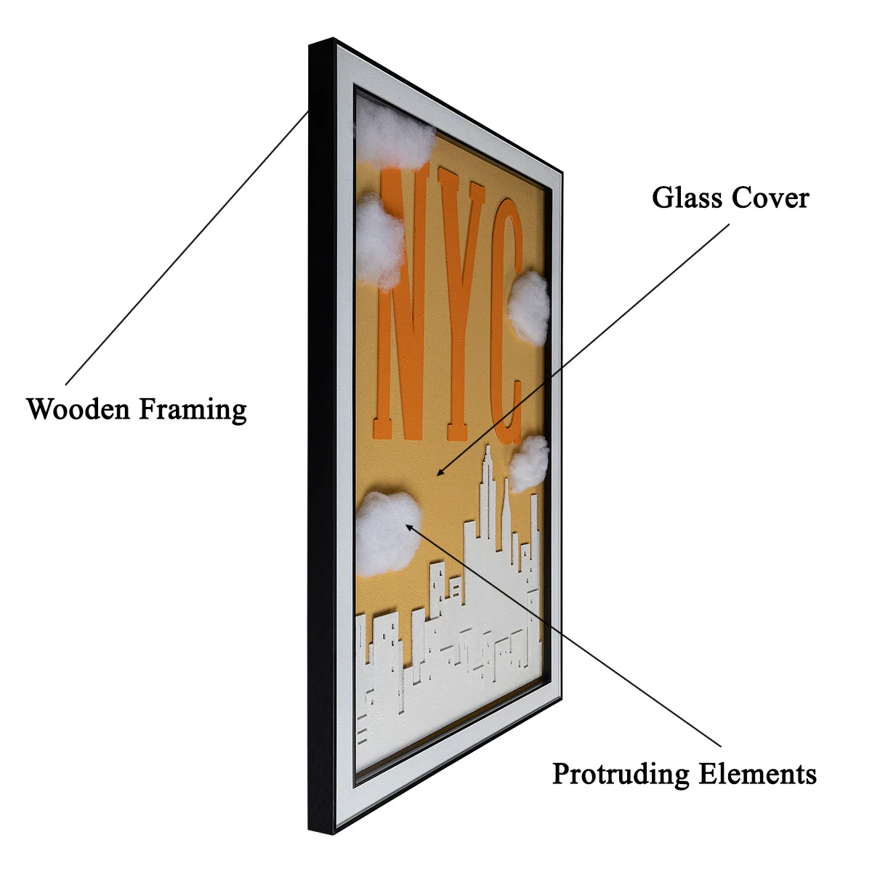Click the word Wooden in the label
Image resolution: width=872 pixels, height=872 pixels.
pyautogui.click(x=78, y=409)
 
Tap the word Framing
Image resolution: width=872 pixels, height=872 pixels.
pyautogui.click(x=193, y=411)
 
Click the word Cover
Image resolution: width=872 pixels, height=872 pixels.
pyautogui.click(x=770, y=198)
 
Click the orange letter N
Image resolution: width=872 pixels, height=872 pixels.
pyautogui.click(x=401, y=303)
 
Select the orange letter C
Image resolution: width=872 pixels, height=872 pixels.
pyautogui.click(x=506, y=321)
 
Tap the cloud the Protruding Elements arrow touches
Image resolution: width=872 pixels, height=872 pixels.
pyautogui.click(x=388, y=534)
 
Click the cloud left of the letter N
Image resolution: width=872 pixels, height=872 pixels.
pyautogui.click(x=379, y=243)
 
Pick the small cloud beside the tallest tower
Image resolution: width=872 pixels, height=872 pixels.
pyautogui.click(x=528, y=464)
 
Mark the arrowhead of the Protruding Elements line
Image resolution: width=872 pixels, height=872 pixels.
pyautogui.click(x=409, y=527)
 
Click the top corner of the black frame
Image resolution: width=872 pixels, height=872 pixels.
pyautogui.click(x=334, y=39)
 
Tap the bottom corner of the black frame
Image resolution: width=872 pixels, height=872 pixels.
pyautogui.click(x=334, y=834)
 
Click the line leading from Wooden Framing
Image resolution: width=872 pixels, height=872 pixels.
pyautogui.click(x=187, y=248)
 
